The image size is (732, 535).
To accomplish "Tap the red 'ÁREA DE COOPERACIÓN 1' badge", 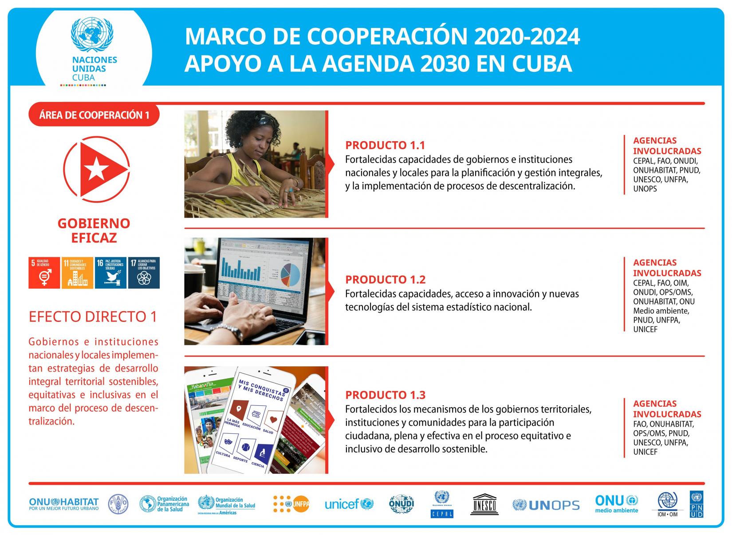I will (x=94, y=115).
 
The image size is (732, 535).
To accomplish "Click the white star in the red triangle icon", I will (x=95, y=170).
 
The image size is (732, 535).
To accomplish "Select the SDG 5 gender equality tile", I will (x=44, y=273).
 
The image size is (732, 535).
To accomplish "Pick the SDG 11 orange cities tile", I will (x=77, y=273).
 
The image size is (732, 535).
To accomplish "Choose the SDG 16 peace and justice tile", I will (x=110, y=273).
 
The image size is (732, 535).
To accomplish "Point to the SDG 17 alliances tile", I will (x=144, y=273).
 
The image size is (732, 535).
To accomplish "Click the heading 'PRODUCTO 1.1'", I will (x=385, y=145).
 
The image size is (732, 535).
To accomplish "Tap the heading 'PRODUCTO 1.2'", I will (x=385, y=280).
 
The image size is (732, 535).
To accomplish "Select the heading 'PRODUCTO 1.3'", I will (x=385, y=395).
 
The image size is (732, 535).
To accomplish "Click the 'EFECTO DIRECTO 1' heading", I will (x=93, y=317).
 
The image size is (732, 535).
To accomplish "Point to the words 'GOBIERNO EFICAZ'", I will (x=94, y=230).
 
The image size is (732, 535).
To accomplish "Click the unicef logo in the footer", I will (x=349, y=504).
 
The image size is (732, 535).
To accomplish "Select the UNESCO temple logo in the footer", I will (x=484, y=504).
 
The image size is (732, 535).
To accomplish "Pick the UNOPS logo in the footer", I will (x=546, y=505).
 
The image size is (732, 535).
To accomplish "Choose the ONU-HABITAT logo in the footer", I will (x=64, y=504).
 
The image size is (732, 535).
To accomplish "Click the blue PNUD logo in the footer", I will (x=697, y=504).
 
